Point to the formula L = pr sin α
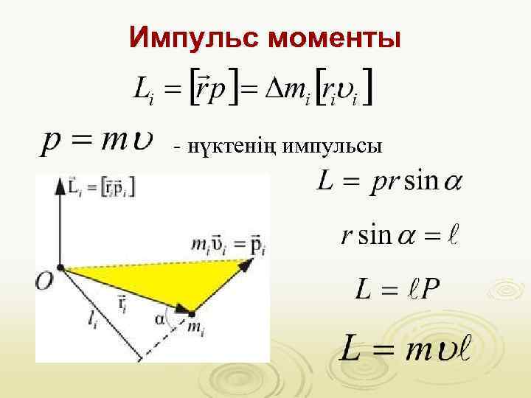pyautogui.click(x=389, y=181)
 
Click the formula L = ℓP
pyautogui.click(x=398, y=288)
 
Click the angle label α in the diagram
pyautogui.click(x=161, y=318)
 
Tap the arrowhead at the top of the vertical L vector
pyautogui.click(x=60, y=185)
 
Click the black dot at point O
pyautogui.click(x=61, y=268)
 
